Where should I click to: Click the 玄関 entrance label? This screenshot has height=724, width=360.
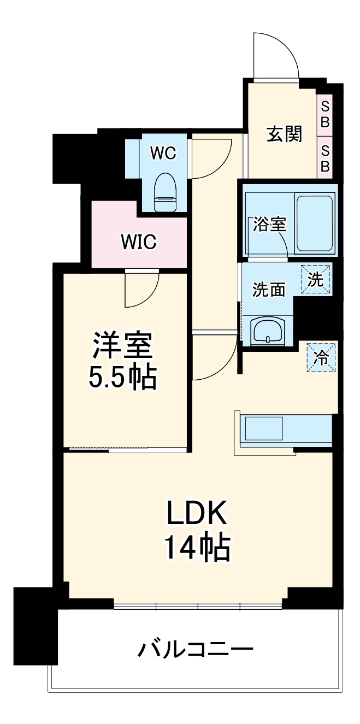[x=284, y=134]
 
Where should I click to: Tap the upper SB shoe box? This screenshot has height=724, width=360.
[x=324, y=113]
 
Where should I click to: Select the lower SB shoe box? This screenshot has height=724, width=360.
[x=324, y=158]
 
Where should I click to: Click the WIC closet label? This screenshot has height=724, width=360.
[x=139, y=241]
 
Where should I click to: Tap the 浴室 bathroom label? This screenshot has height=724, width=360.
[x=269, y=225]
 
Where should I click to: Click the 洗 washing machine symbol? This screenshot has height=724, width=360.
[x=316, y=280]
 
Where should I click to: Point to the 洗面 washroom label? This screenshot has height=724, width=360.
[x=268, y=290]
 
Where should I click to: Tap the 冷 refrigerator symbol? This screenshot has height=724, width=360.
[x=321, y=357]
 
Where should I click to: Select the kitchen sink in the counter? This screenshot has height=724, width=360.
[x=264, y=428]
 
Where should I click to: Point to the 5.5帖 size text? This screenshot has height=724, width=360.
[x=123, y=376]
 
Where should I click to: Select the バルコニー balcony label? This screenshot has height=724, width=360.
[x=195, y=650]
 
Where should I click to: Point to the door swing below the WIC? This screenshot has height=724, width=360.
[x=141, y=290]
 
